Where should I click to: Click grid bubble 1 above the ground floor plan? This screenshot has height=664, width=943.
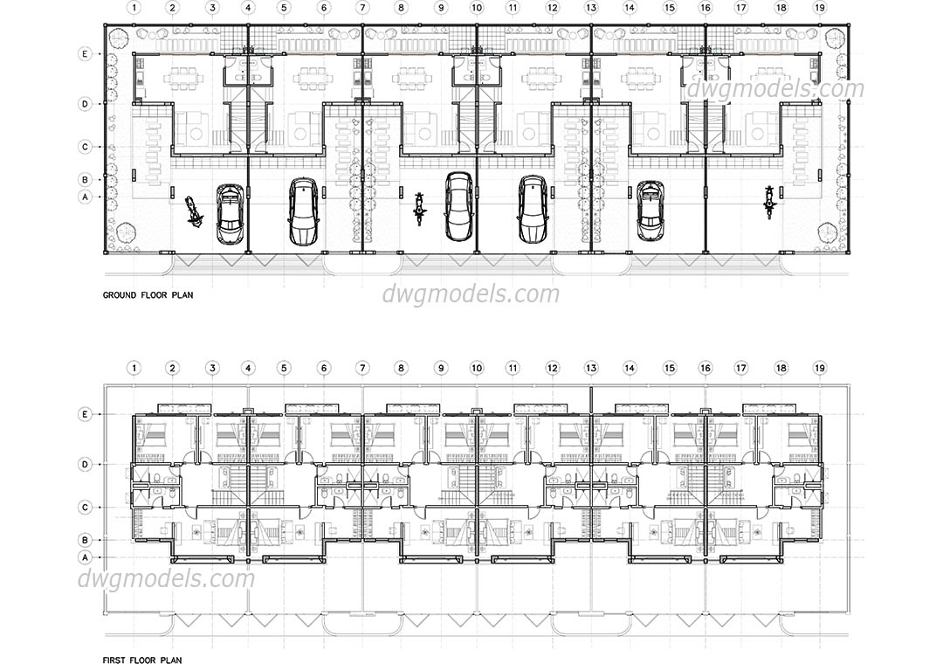134,7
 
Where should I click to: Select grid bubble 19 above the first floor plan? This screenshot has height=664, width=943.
819,369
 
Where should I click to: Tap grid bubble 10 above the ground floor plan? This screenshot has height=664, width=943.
476,7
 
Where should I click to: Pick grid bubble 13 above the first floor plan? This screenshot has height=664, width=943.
591,369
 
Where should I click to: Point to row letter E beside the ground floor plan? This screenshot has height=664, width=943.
85,53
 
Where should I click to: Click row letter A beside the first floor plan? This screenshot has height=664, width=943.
85,557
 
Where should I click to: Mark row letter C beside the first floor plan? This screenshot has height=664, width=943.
85,507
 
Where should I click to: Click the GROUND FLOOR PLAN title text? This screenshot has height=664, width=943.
148,295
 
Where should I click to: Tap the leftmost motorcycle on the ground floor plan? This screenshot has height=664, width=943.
194,211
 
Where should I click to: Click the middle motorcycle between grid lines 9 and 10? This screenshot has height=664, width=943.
420,208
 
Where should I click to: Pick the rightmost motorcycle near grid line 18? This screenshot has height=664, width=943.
769,202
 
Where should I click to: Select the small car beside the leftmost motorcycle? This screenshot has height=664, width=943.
230,212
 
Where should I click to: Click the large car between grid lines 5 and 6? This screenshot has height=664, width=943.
303,211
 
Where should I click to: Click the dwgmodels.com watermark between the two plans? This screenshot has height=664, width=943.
471,294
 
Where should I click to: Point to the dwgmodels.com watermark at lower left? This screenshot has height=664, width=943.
166,578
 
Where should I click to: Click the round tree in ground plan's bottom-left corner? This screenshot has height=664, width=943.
124,232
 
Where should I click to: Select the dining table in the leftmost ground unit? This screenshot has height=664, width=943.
182,79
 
